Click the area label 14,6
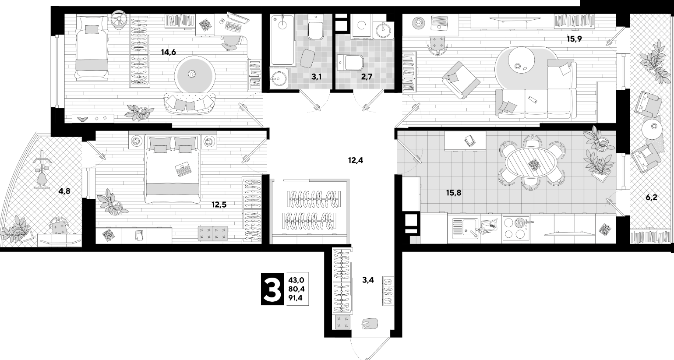168,52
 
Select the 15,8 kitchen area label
453,193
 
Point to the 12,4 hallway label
355,160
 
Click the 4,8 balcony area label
64,191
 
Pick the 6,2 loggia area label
651,198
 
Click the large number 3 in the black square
272,289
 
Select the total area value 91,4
295,298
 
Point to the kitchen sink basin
465,228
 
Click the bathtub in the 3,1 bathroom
282,40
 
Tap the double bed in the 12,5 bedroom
173,168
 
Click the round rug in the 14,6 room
196,74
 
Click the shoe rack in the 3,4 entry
388,291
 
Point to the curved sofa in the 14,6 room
190,103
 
